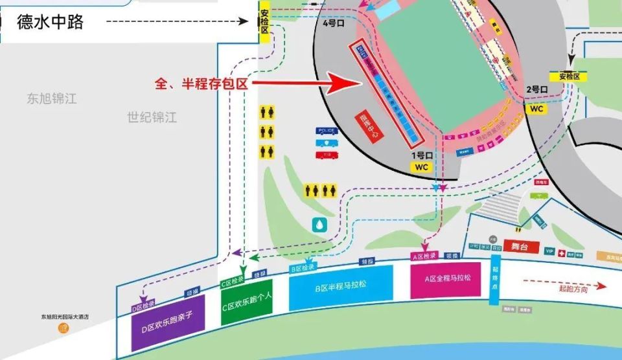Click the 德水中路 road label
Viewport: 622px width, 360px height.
51,22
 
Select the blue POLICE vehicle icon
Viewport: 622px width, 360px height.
327,131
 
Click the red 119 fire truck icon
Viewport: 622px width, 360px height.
327,155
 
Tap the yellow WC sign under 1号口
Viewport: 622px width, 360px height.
422,167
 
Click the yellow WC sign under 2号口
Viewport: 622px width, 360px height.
536,109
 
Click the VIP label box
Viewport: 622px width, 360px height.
550,251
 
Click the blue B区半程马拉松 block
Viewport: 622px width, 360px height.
341,286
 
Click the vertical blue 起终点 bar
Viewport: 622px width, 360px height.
496,279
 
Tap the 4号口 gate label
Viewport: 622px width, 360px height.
334,23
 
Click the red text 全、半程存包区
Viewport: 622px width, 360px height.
202,83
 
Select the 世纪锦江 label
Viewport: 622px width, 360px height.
152,118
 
